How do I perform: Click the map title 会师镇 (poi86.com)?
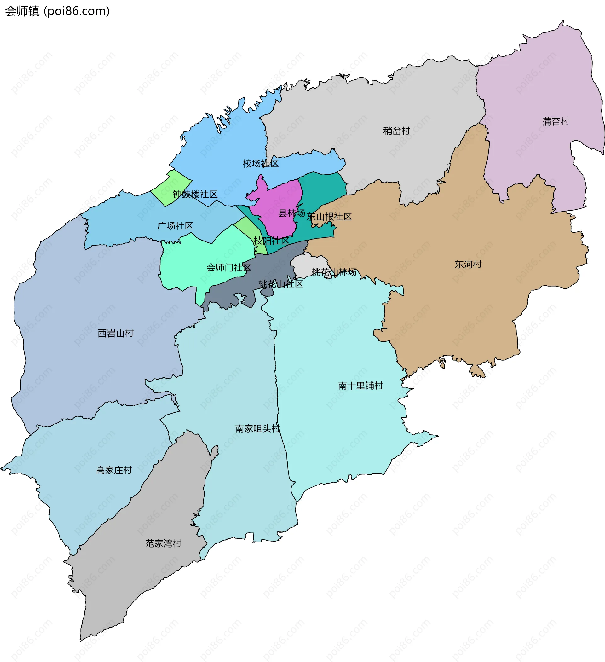57,11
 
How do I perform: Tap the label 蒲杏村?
556,121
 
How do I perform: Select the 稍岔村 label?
396,131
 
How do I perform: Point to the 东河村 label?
468,264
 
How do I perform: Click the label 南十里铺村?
360,386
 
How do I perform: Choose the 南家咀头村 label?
257,428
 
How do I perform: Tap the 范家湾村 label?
163,543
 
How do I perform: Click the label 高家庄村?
113,470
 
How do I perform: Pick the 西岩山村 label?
116,333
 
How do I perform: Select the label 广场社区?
175,226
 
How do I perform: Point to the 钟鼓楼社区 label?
195,194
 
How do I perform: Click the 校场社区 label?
260,164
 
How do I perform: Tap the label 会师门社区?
228,268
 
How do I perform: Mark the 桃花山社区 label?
280,284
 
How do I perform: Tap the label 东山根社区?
329,217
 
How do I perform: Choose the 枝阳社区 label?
271,241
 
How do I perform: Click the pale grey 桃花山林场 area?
307,264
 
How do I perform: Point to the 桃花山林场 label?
333,272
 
